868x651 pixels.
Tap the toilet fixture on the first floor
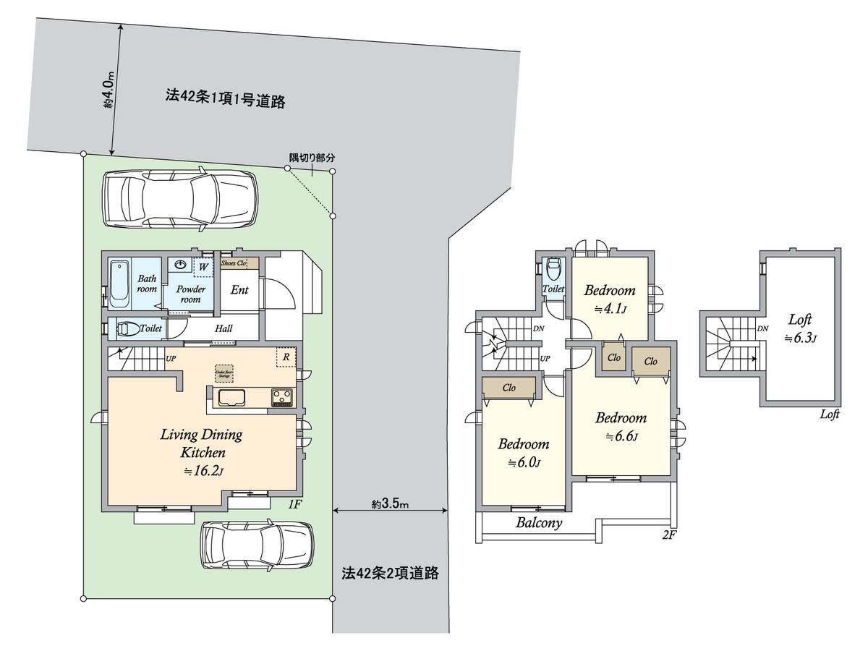pyautogui.click(x=127, y=329)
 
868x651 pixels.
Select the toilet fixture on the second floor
pyautogui.click(x=554, y=270)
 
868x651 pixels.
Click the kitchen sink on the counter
pyautogui.click(x=231, y=397)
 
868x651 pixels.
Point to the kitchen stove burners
pyautogui.click(x=281, y=396)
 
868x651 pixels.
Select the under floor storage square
pyautogui.click(x=224, y=373)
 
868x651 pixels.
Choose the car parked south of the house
pyautogui.click(x=258, y=545)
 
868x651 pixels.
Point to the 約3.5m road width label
pyautogui.click(x=391, y=503)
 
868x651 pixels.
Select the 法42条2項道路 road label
pyautogui.click(x=391, y=574)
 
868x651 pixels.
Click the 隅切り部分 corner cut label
pyautogui.click(x=312, y=158)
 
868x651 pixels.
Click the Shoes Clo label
pyautogui.click(x=234, y=263)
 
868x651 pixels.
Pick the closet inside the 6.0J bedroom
pyautogui.click(x=509, y=388)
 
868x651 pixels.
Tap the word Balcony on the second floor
pyautogui.click(x=539, y=524)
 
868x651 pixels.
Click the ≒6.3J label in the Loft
pyautogui.click(x=800, y=338)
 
